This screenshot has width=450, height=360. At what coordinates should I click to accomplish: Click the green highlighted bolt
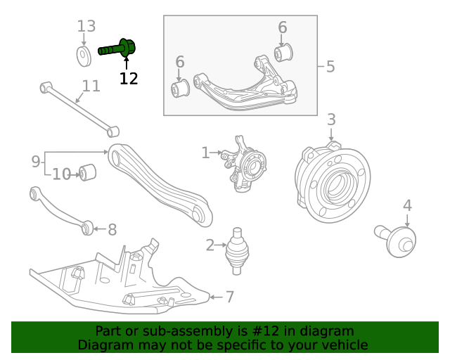pos(117,49)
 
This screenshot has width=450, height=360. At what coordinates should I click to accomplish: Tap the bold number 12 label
pos(129,78)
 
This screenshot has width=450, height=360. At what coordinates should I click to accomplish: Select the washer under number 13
pos(84,56)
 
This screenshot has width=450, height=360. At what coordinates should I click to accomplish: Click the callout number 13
pos(86,26)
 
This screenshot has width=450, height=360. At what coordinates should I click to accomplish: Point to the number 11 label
pos(91,86)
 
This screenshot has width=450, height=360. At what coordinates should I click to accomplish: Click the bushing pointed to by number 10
pos(87,172)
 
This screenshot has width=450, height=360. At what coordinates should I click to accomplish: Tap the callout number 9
pos(36,161)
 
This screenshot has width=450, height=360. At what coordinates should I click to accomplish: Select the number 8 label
pos(112,230)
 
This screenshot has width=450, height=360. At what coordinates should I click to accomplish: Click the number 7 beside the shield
pos(230,297)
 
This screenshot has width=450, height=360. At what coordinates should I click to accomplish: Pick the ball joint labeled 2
pos(237,251)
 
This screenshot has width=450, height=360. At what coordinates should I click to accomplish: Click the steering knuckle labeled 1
pos(244,164)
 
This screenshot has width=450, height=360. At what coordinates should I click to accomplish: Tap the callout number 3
pos(331,119)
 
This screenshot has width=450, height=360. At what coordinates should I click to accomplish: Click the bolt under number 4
pos(395,240)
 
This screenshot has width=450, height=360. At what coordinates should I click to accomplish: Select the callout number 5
pos(330,67)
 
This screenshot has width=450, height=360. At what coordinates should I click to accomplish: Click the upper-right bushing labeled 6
pos(283,53)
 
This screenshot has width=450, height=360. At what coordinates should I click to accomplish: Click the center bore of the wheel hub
pos(335,185)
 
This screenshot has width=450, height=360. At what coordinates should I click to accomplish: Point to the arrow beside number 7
pos(216,297)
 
